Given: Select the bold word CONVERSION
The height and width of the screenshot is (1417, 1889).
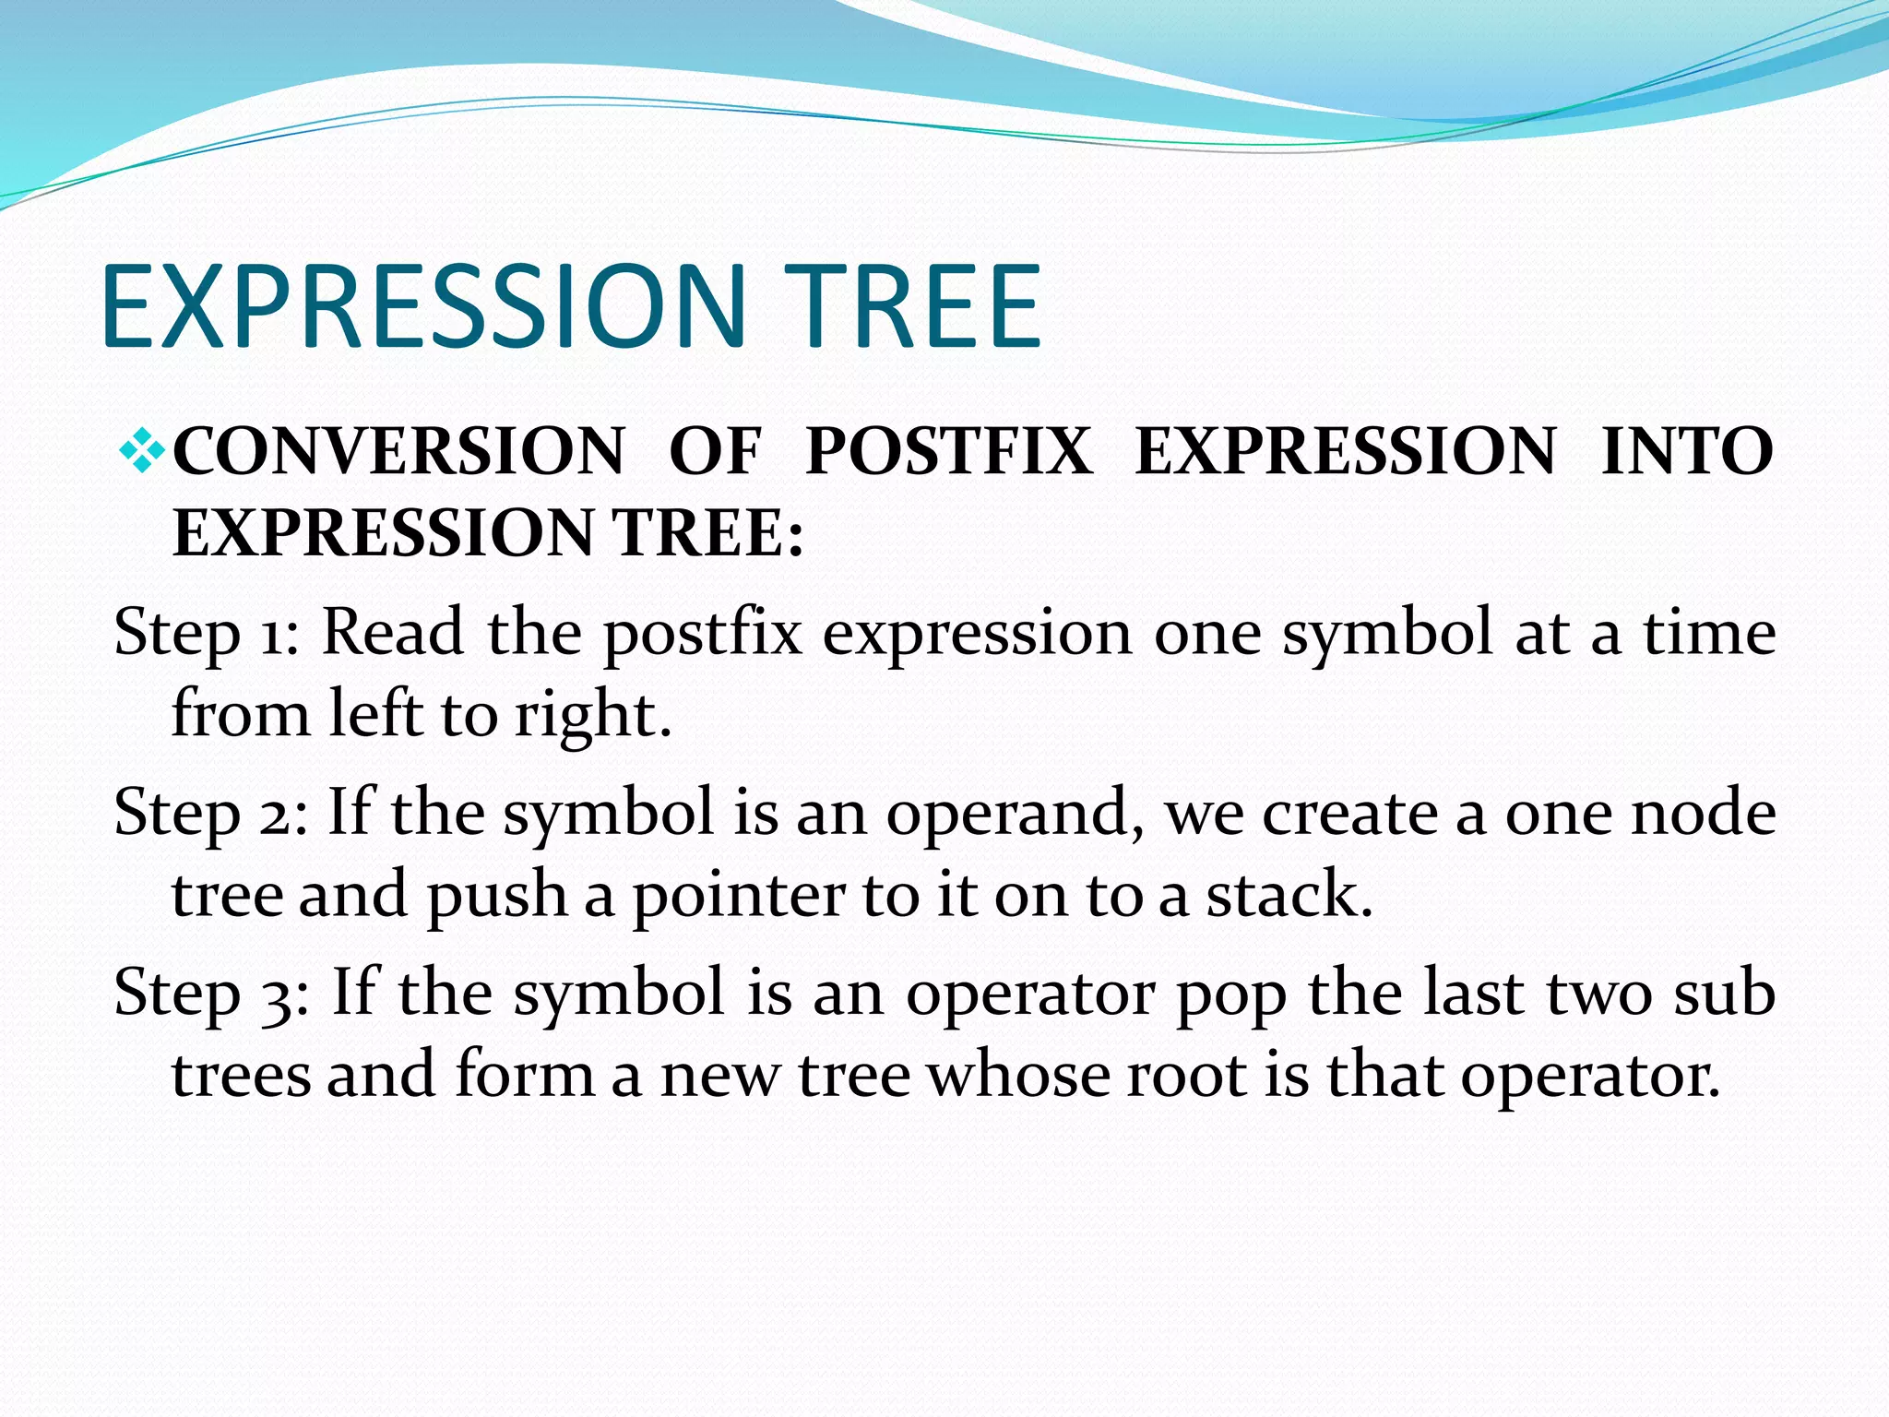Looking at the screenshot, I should click(398, 452).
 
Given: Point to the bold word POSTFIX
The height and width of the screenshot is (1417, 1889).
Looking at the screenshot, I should click(948, 452).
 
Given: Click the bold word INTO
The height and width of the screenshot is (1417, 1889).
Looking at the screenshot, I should click(1687, 452).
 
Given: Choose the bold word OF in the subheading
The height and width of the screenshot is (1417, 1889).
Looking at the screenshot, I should click(715, 452).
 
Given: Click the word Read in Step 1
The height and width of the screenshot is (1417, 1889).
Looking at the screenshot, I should click(393, 635).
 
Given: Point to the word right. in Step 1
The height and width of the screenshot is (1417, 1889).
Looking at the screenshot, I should click(592, 716).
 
